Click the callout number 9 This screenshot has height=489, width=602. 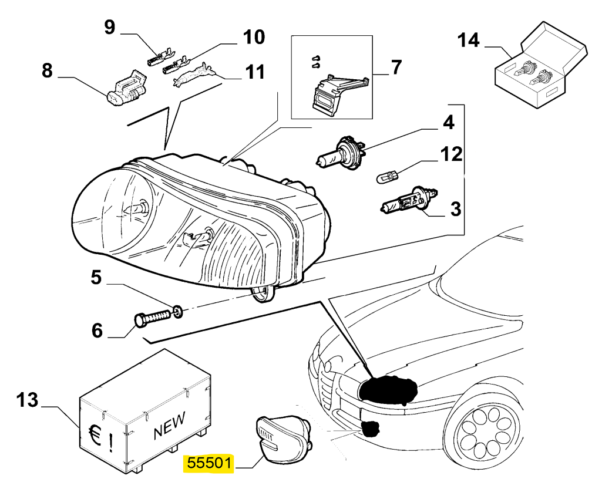coord(110,27)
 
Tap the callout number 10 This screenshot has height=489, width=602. coord(253,37)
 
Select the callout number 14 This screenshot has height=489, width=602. coord(469,41)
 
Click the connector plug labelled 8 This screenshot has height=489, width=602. coord(126,89)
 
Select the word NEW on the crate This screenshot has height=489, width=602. coord(169,426)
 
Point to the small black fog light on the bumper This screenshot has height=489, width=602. coord(369,429)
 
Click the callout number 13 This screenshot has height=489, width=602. coord(27,401)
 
